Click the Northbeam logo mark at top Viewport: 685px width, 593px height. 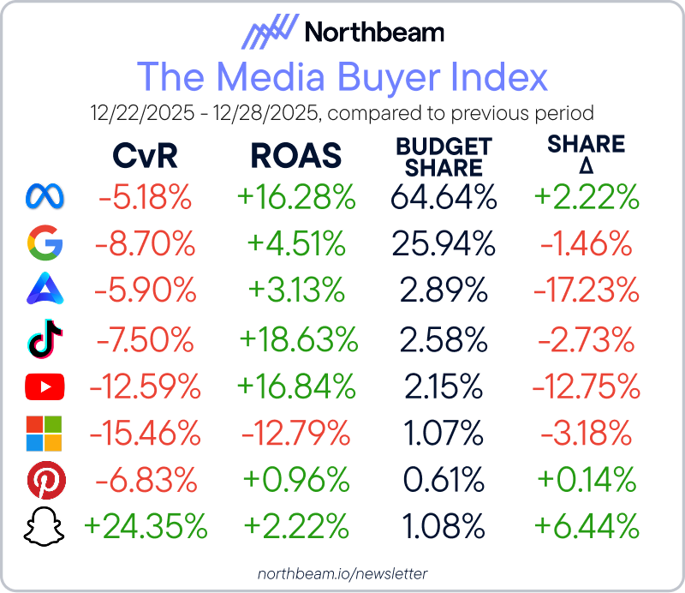point(269,33)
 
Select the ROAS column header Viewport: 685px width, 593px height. point(295,156)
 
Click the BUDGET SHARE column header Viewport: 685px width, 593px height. point(444,157)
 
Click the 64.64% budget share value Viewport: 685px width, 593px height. point(444,198)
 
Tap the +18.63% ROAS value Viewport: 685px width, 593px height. point(299,340)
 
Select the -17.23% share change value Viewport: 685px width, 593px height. point(587,292)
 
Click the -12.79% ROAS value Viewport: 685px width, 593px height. point(295,435)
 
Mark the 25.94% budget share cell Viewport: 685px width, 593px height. point(444,245)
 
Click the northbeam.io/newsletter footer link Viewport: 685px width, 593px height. point(342,572)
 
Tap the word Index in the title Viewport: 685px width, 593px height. point(498,77)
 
